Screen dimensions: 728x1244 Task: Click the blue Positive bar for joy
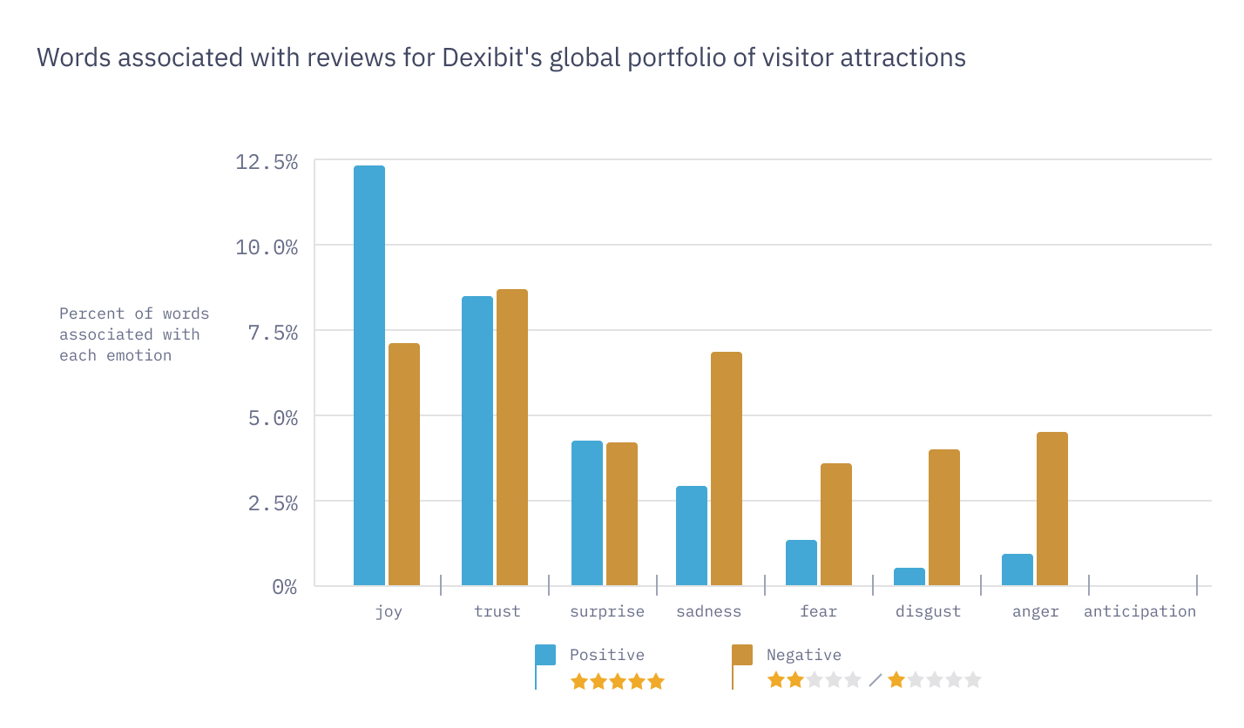pyautogui.click(x=368, y=375)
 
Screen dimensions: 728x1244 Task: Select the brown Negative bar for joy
pyautogui.click(x=404, y=464)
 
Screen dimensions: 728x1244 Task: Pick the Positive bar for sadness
pyautogui.click(x=692, y=536)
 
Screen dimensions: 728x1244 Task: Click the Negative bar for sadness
pyautogui.click(x=727, y=468)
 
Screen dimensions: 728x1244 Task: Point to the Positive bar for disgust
pyautogui.click(x=909, y=576)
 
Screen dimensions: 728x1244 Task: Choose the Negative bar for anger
pyautogui.click(x=1052, y=509)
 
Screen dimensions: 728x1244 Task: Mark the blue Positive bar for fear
pyautogui.click(x=801, y=563)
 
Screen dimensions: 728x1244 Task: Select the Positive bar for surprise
pyautogui.click(x=587, y=513)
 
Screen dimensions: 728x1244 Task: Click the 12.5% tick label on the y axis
pyautogui.click(x=267, y=162)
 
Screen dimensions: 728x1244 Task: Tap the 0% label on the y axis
pyautogui.click(x=284, y=588)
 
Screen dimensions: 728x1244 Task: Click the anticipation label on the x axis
pyautogui.click(x=1139, y=611)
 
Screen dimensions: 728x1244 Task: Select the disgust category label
pyautogui.click(x=928, y=611)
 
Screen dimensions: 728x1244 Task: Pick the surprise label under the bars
pyautogui.click(x=607, y=611)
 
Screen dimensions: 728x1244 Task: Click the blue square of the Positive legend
pyautogui.click(x=545, y=655)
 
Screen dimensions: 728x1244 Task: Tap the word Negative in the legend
pyautogui.click(x=803, y=655)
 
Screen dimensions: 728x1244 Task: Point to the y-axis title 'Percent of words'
pyautogui.click(x=134, y=313)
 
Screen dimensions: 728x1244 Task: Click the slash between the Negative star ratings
pyautogui.click(x=876, y=680)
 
